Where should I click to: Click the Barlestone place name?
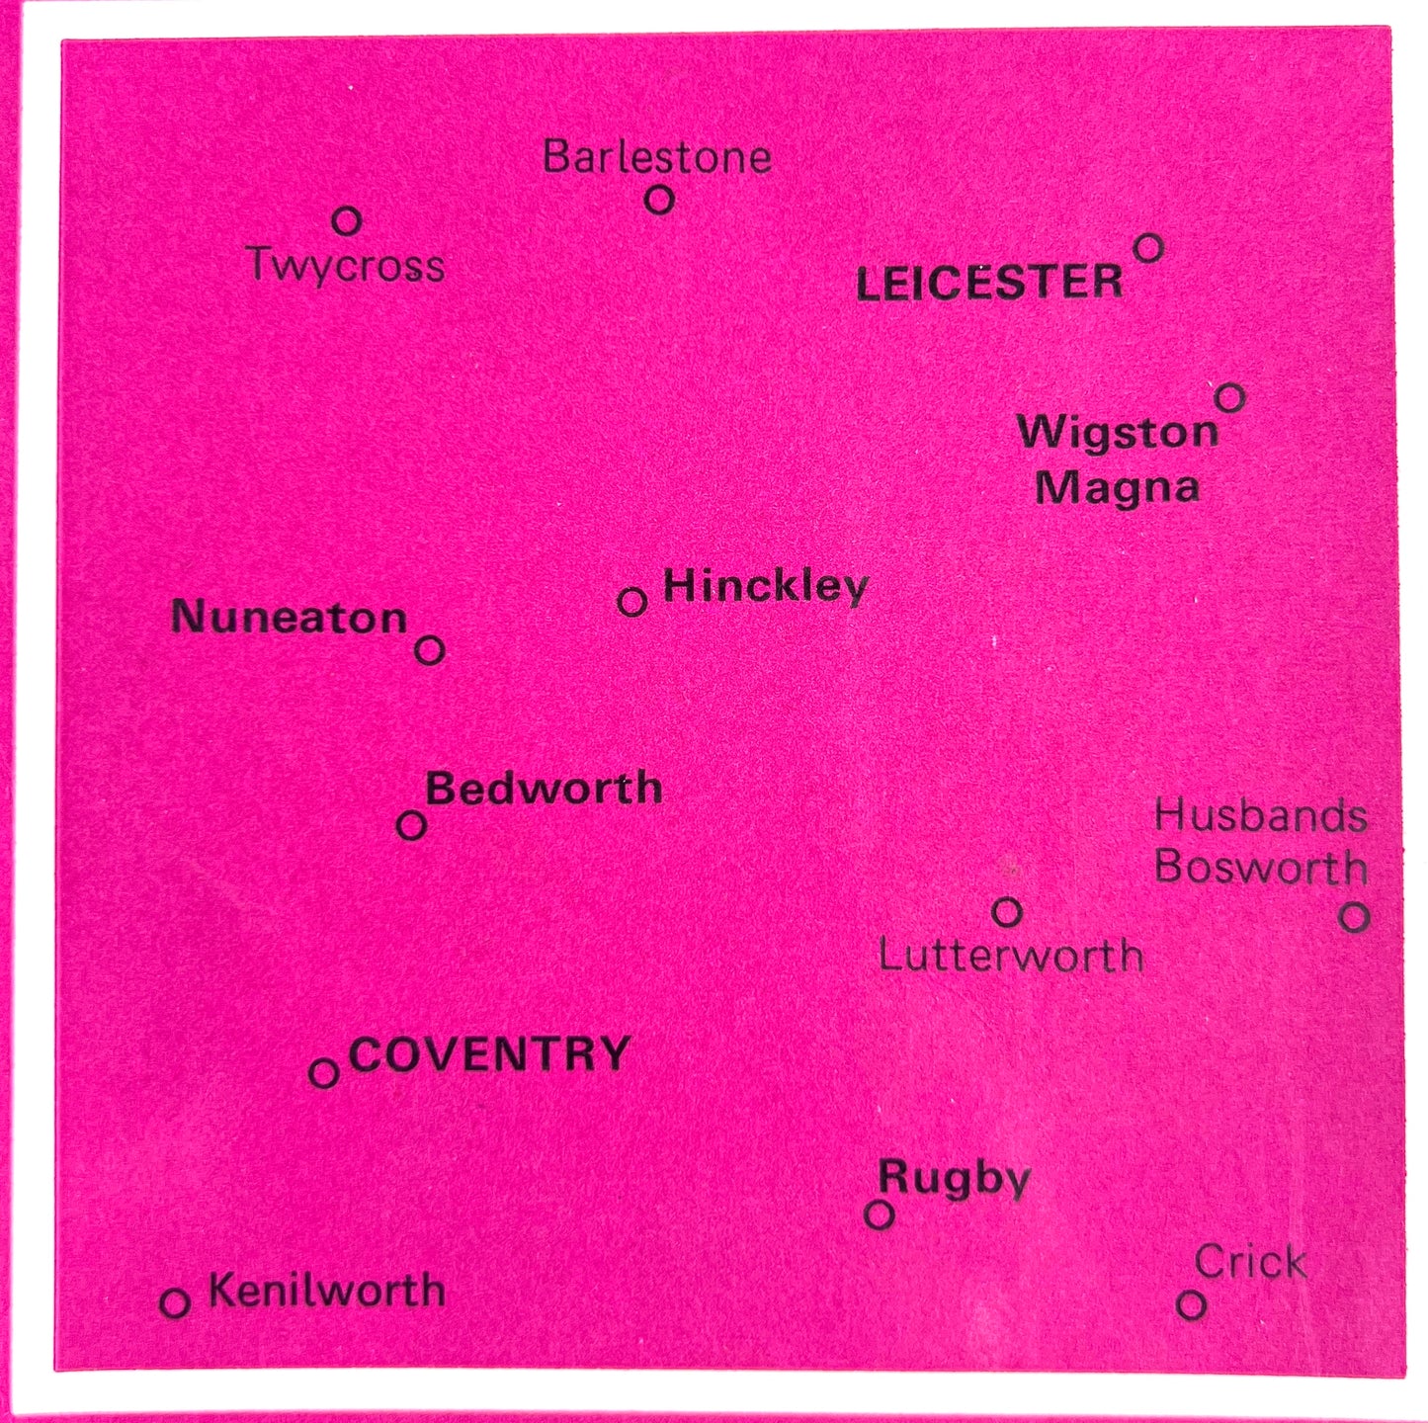tap(657, 157)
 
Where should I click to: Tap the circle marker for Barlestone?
tap(659, 200)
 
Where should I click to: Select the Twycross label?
tap(346, 266)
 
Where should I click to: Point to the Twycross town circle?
tap(346, 220)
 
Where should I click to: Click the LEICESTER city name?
tap(989, 284)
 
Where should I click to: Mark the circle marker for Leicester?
tap(1147, 247)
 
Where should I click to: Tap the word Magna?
tap(1117, 487)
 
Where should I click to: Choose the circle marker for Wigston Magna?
tap(1229, 397)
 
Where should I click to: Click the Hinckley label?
tap(765, 586)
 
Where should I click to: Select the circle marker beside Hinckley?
tap(632, 601)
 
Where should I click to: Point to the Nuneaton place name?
tap(290, 618)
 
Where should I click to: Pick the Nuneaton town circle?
tap(429, 650)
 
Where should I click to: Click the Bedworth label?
tap(544, 789)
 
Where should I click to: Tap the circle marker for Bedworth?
tap(411, 825)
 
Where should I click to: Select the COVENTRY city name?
tap(490, 1054)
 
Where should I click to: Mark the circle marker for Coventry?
tap(324, 1072)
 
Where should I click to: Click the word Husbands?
tap(1261, 816)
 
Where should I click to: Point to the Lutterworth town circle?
tap(1007, 911)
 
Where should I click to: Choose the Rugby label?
tap(954, 1178)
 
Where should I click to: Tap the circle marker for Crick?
tap(1192, 1304)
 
